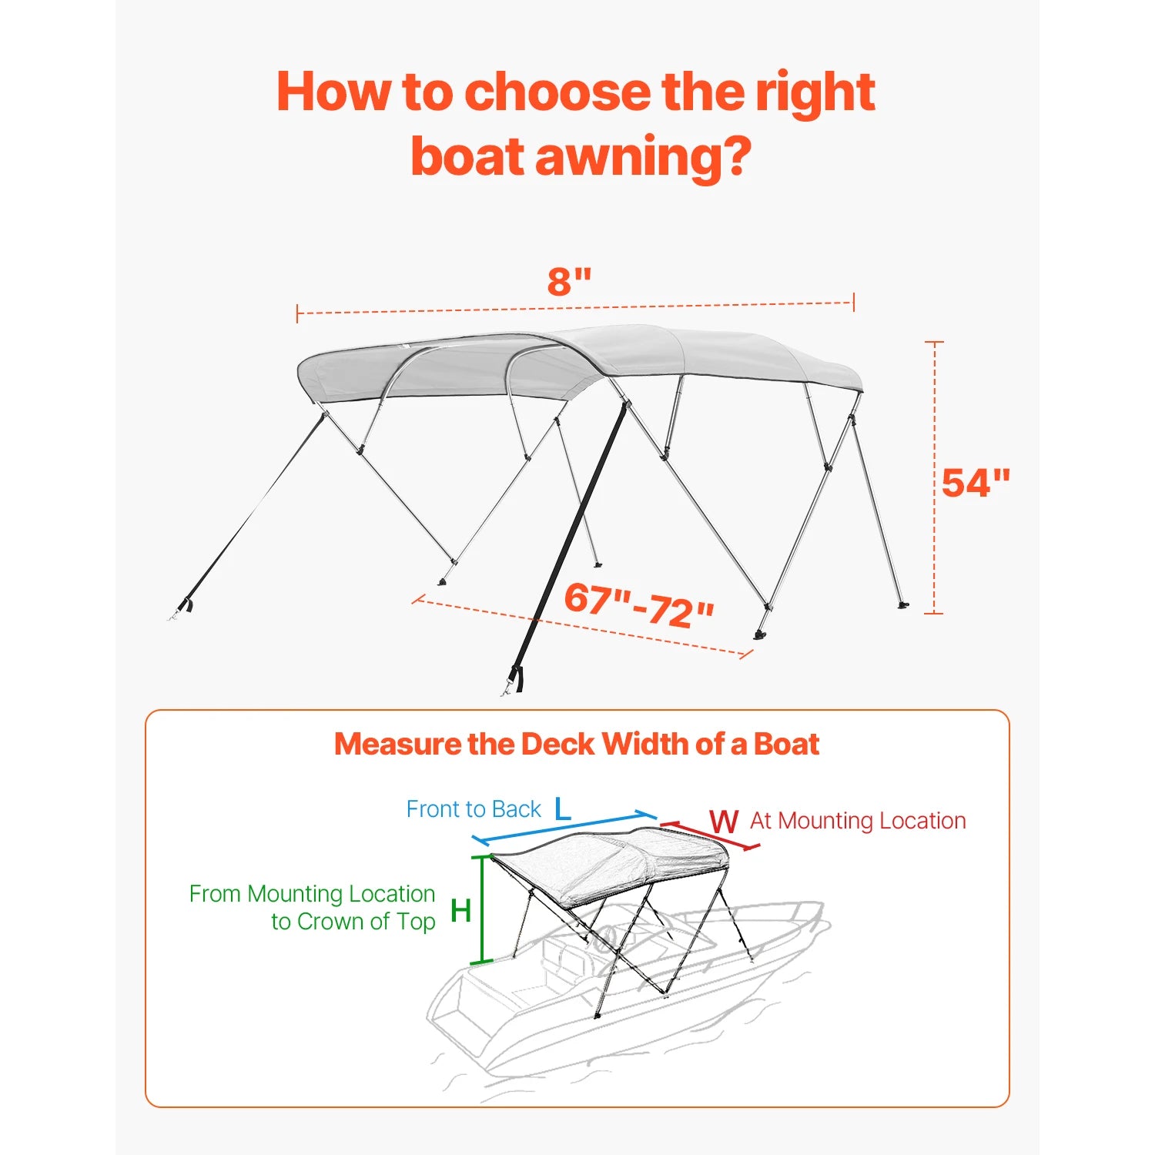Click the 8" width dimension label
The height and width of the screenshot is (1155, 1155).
pos(569,282)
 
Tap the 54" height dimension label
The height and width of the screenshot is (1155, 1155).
pos(976,483)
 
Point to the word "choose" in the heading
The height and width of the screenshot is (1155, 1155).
pos(559,92)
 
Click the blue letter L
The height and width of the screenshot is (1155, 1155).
pos(563,809)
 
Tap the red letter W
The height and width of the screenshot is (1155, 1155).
pos(724,822)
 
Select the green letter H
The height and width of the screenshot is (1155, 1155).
pos(460,911)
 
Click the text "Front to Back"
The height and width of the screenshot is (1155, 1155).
pos(474,809)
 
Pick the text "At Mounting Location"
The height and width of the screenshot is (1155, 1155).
pos(858,821)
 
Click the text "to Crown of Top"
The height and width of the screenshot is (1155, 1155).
pos(353,922)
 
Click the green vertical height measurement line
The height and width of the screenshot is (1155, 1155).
pos(482,909)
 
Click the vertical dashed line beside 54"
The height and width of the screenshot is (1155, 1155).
pos(934,477)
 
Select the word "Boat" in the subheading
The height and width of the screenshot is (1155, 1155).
pos(786,744)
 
